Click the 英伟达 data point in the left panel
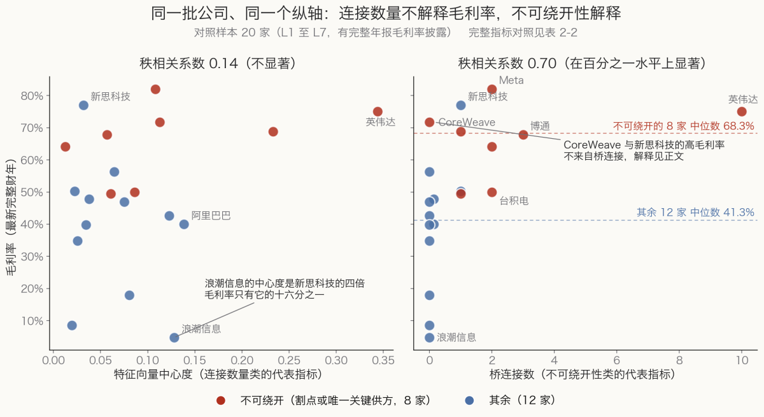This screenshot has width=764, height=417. click(378, 111)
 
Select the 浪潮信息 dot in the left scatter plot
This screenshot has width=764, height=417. click(174, 337)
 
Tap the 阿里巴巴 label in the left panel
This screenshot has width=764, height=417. click(211, 215)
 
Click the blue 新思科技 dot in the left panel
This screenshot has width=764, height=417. click(83, 105)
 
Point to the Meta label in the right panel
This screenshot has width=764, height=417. click(511, 80)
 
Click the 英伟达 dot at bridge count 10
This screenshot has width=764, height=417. click(742, 111)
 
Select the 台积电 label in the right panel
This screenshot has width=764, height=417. click(514, 201)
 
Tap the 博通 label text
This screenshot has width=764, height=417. click(540, 126)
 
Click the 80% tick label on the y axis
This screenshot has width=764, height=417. click(32, 95)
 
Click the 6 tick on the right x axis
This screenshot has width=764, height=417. click(617, 360)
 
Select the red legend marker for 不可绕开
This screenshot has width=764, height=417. click(221, 400)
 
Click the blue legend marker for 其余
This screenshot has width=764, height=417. click(470, 400)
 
